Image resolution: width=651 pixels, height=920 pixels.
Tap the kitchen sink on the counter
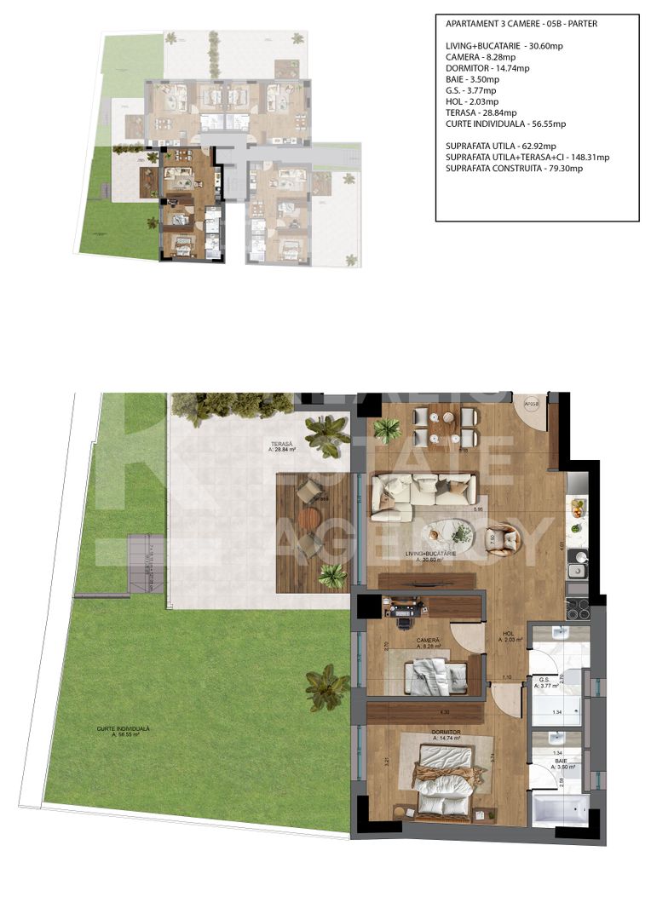579,558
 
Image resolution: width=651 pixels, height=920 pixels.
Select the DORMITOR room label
446,732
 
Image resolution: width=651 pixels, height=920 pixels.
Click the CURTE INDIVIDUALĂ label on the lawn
124,729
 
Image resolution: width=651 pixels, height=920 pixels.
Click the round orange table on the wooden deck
308,517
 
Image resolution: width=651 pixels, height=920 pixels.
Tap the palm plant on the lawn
326,687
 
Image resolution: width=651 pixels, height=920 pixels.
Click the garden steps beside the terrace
146,564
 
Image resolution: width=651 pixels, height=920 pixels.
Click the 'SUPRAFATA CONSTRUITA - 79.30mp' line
514,169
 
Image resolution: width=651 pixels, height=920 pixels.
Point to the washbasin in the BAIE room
555,739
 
